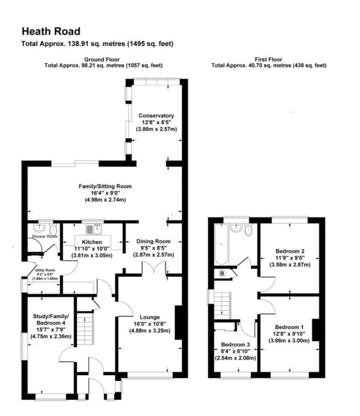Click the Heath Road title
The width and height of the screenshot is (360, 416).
(x=51, y=31)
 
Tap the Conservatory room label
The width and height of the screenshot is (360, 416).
(x=156, y=115)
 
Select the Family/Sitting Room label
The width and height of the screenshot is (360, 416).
(x=105, y=186)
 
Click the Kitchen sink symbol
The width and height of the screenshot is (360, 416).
(x=97, y=229)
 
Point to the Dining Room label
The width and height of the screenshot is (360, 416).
(x=154, y=241)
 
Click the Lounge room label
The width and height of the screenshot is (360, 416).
(x=150, y=317)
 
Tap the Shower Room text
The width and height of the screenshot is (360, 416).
(x=45, y=236)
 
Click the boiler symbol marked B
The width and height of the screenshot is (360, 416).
(x=222, y=273)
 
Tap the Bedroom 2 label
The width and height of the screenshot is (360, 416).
(x=290, y=251)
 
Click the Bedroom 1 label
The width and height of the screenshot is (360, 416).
(x=289, y=327)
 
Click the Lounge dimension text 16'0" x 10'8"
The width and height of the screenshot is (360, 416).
(x=150, y=324)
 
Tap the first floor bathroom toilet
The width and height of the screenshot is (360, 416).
(x=248, y=230)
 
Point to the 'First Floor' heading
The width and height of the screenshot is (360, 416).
(x=268, y=59)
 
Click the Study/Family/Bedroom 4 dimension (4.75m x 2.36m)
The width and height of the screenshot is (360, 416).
(x=51, y=336)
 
